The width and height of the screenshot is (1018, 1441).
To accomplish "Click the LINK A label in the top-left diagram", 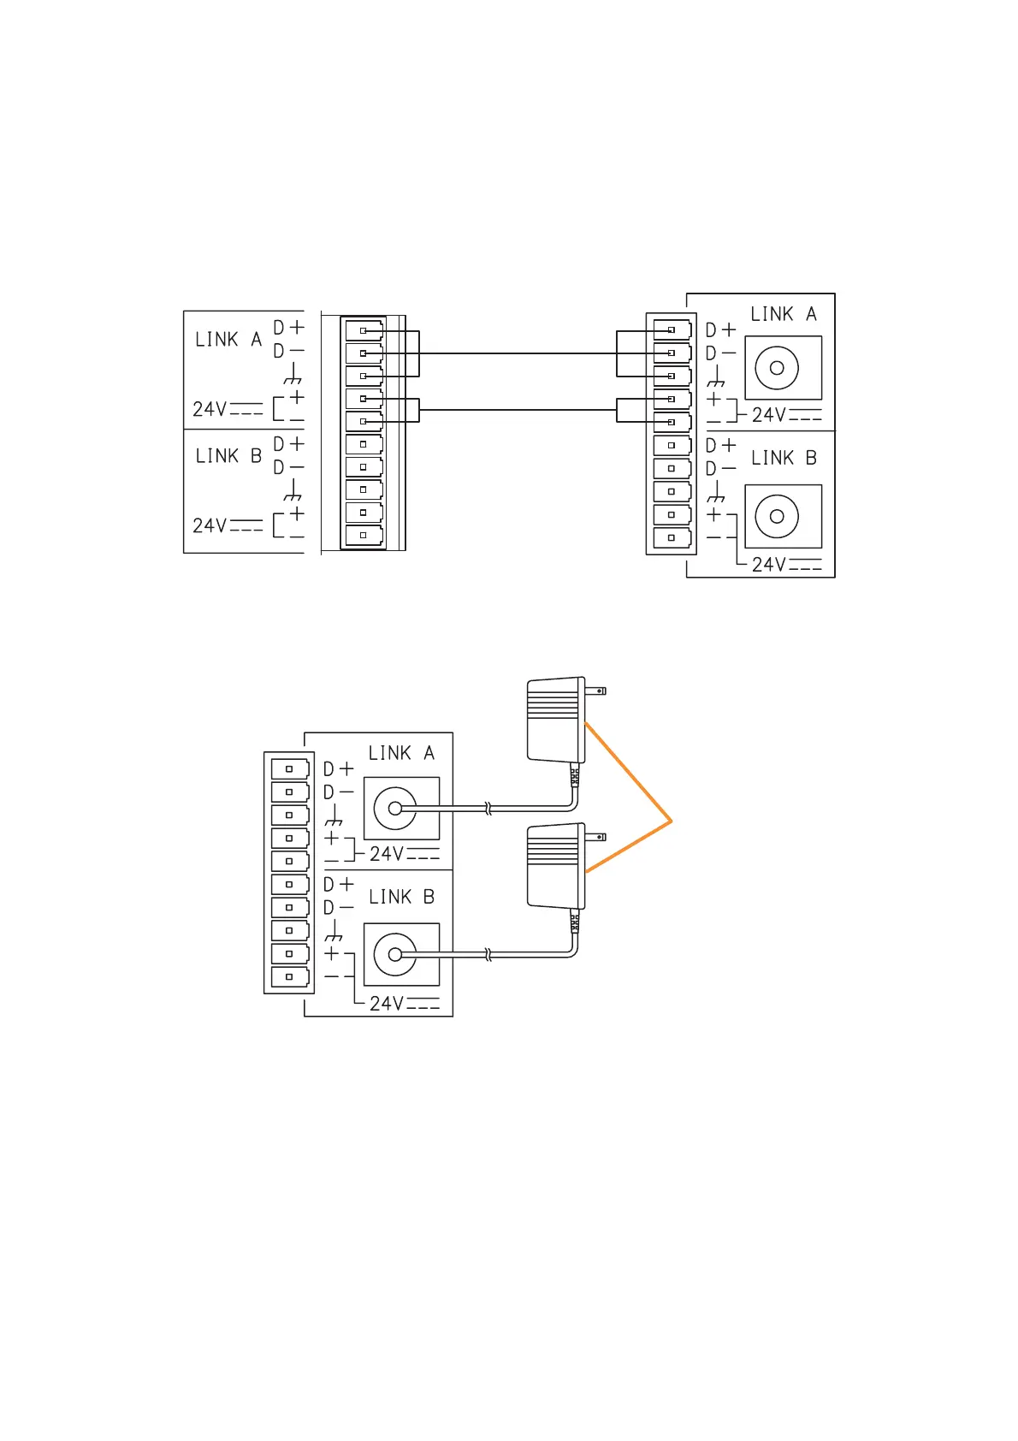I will [228, 340].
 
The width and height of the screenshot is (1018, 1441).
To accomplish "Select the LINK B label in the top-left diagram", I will [228, 456].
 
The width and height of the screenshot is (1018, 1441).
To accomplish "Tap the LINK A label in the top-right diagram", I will [783, 315].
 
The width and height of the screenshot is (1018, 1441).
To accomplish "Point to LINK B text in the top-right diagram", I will [784, 459].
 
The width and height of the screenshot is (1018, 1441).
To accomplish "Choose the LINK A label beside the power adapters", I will [401, 753].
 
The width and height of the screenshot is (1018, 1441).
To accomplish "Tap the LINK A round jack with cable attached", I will [395, 808].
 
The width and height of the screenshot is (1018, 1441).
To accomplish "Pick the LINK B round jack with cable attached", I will [395, 954].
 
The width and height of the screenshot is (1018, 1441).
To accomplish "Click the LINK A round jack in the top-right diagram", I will [777, 368].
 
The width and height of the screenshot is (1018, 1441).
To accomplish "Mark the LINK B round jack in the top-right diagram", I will [777, 517].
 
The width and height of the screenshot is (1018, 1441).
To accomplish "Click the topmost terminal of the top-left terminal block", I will [364, 330].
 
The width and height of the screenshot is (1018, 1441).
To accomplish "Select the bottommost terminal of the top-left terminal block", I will [364, 536].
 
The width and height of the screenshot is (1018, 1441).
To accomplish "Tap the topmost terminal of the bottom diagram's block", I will [290, 769].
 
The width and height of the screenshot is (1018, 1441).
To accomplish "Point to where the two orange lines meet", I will [672, 821].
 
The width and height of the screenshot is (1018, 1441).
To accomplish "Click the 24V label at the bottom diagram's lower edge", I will [404, 1004].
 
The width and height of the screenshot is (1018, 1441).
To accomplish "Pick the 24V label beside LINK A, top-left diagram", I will [227, 409].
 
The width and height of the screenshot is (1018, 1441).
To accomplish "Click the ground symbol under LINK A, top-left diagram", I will [293, 375].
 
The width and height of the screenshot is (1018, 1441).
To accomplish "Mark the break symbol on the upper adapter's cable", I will [488, 808].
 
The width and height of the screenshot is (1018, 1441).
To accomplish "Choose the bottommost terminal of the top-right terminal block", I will [672, 538].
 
